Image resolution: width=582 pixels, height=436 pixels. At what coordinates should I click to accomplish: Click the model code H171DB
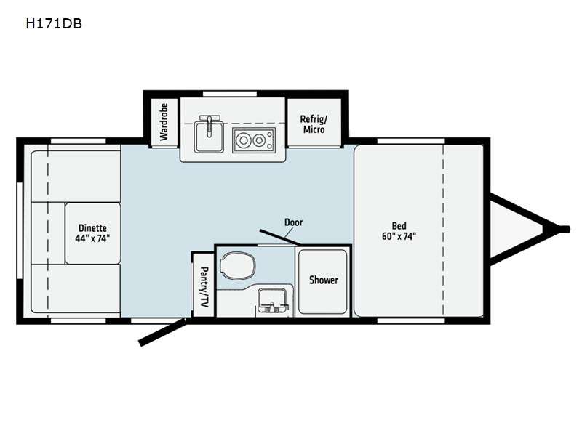(54, 24)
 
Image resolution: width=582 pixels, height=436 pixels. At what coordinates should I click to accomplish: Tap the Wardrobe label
(164, 121)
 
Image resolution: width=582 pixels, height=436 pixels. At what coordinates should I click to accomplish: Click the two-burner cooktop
(254, 140)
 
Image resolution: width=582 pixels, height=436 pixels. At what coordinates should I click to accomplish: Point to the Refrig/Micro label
(314, 124)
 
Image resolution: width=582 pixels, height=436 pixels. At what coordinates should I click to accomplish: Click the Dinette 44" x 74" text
(93, 233)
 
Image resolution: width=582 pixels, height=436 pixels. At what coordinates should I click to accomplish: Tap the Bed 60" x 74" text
(399, 231)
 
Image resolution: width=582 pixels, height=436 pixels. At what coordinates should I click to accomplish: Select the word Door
(294, 222)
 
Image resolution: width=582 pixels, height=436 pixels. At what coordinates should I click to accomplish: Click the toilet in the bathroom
(238, 266)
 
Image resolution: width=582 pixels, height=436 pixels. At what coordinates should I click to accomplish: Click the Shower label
(323, 280)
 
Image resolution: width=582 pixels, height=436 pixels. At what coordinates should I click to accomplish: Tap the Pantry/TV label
(204, 287)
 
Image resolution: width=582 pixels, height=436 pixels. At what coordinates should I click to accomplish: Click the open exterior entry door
(162, 332)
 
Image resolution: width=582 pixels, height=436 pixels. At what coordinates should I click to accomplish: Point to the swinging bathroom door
(280, 238)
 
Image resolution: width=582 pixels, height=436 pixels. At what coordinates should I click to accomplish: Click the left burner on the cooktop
(244, 140)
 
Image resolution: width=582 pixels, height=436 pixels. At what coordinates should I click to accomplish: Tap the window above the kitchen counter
(230, 94)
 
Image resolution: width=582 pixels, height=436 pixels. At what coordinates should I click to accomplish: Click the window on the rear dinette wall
(20, 230)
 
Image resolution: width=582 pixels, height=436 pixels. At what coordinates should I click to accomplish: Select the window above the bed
(410, 141)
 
